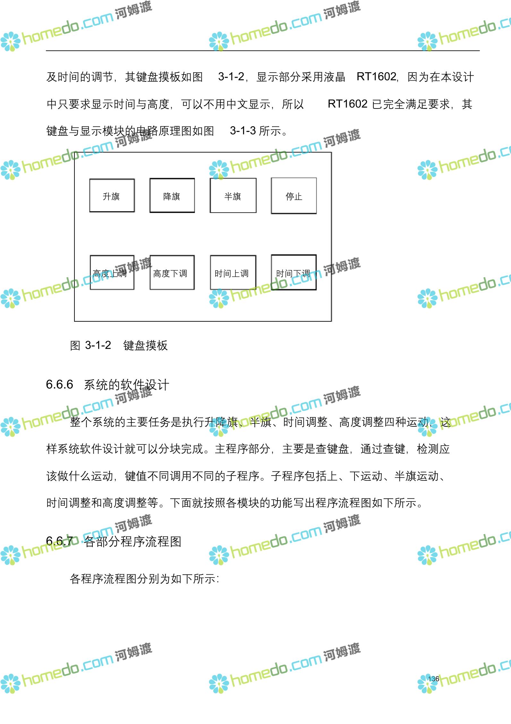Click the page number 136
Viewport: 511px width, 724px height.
[x=433, y=679]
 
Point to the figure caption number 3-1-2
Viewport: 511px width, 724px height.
[x=98, y=345]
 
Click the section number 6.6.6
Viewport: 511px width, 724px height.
[x=59, y=384]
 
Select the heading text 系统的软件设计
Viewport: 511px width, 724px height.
[x=126, y=385]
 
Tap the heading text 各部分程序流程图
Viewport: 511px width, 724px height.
[x=133, y=542]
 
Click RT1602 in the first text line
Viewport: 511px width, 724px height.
[x=377, y=77]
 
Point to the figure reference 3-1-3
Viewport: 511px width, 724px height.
[x=243, y=131]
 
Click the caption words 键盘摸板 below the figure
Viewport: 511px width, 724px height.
[x=145, y=345]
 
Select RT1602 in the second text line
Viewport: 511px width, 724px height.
[x=348, y=104]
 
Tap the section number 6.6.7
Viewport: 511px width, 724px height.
[x=59, y=541]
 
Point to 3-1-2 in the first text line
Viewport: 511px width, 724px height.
[x=231, y=77]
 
